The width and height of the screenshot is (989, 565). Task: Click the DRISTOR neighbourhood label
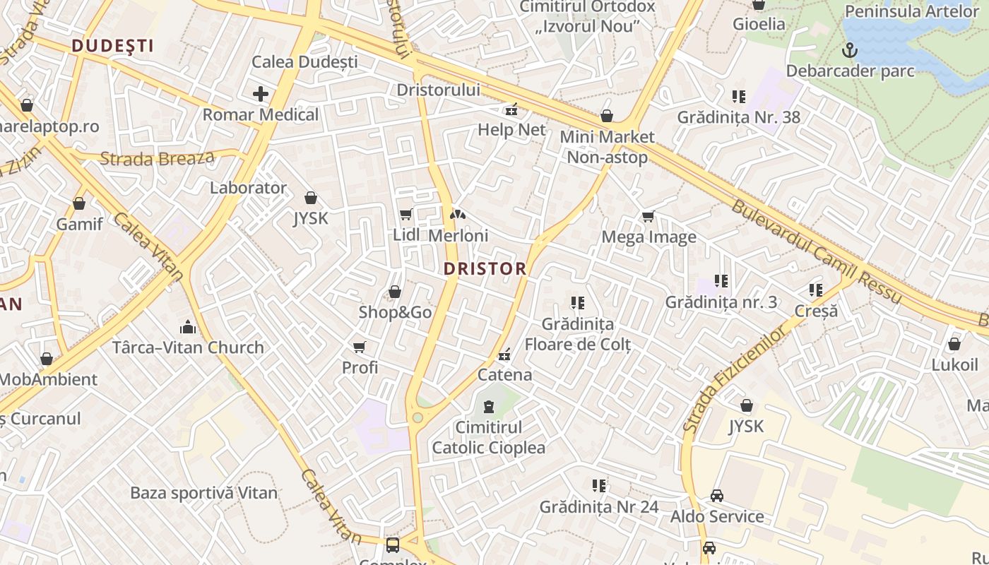point(485,268)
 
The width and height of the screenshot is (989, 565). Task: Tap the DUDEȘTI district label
point(112,46)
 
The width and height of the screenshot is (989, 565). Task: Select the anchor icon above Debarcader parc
point(851,50)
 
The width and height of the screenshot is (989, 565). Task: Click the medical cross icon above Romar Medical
point(261,93)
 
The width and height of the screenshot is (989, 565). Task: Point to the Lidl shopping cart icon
point(405,215)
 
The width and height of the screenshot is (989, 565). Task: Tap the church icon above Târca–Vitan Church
point(188,327)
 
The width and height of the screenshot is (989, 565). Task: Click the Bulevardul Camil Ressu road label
point(815,253)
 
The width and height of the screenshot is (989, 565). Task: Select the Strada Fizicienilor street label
point(735,380)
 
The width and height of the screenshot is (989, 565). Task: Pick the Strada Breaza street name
point(157,157)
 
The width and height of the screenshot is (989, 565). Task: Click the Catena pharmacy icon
point(504,355)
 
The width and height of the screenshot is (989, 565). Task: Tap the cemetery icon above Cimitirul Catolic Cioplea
point(488,407)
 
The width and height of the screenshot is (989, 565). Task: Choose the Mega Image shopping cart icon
point(649,217)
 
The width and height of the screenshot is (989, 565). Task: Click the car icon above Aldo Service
point(717,496)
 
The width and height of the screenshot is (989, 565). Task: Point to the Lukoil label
point(954,365)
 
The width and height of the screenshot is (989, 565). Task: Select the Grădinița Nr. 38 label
point(739,117)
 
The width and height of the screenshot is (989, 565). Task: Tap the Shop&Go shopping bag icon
point(395,292)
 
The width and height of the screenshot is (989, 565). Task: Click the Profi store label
point(360,367)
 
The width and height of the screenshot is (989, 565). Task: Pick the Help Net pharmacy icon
point(511,109)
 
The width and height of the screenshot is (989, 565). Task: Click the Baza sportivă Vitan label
point(204,493)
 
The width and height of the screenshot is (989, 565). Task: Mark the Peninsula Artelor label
point(912,11)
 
